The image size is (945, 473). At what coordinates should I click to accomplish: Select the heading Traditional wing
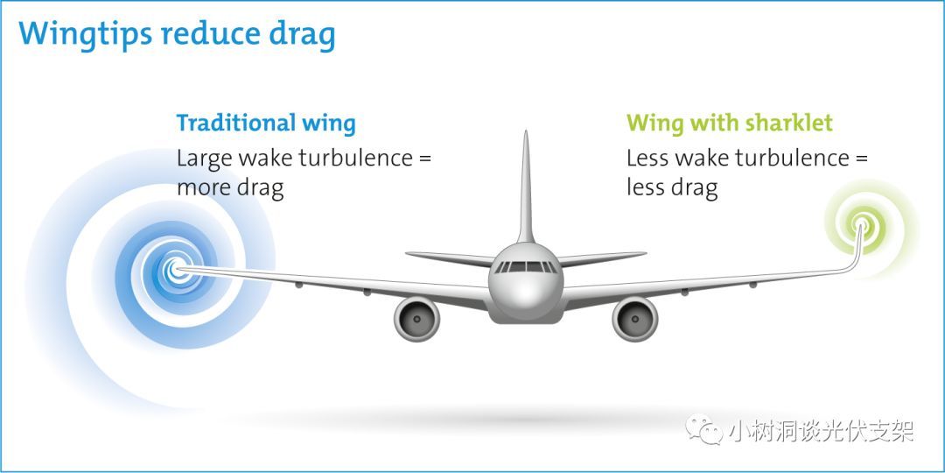[x=266, y=124]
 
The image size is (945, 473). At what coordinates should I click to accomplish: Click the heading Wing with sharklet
[x=729, y=124]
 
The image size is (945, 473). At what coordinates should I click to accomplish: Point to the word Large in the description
[x=204, y=159]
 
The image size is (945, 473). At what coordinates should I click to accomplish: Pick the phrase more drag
[x=229, y=188]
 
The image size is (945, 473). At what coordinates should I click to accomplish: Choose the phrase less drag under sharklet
[x=672, y=188]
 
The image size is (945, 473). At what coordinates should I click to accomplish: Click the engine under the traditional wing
[x=416, y=319]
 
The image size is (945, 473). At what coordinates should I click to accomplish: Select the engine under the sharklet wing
[x=634, y=319]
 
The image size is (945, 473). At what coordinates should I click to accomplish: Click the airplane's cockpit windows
[x=526, y=266]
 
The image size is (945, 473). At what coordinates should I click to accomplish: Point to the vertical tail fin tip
[x=526, y=131]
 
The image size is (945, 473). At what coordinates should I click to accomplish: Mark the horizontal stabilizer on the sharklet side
[x=600, y=258]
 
